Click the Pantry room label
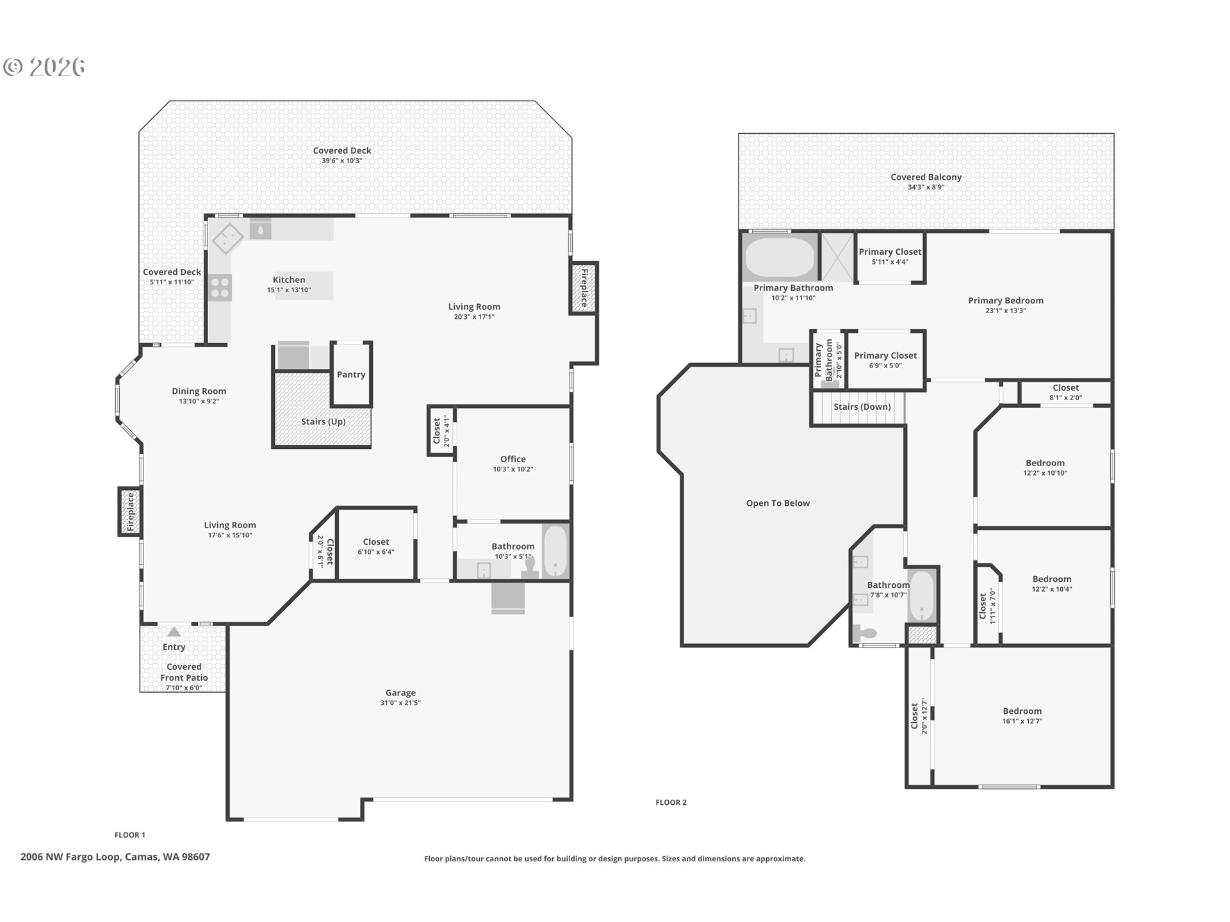(x=351, y=375)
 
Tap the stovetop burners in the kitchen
(x=220, y=287)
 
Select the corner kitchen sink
(x=227, y=239)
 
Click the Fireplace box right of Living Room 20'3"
(x=584, y=288)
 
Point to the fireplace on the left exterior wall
(x=130, y=512)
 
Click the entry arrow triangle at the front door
(x=174, y=631)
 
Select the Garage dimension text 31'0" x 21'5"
(x=400, y=703)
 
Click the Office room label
(x=512, y=459)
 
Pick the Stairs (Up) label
(x=323, y=421)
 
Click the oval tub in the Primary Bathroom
(x=779, y=257)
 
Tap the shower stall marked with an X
(x=837, y=257)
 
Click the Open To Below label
(x=778, y=503)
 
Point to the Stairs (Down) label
(x=862, y=407)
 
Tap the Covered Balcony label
(x=926, y=177)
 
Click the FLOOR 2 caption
(x=671, y=802)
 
